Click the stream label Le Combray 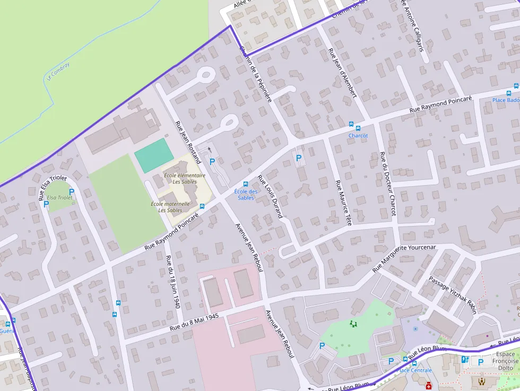click(x=58, y=71)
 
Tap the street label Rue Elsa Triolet click(x=53, y=187)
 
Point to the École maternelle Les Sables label click(x=170, y=207)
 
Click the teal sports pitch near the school click(x=154, y=155)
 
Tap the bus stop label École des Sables click(x=246, y=195)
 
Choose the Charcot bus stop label click(x=358, y=135)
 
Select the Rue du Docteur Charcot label click(x=387, y=184)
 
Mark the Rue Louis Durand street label click(x=270, y=196)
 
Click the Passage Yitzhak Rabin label click(x=453, y=295)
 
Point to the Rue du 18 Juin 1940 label click(x=173, y=282)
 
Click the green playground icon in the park click(x=353, y=323)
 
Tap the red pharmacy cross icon click(x=428, y=386)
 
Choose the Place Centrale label click(x=414, y=370)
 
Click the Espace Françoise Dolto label click(x=505, y=361)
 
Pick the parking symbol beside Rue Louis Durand click(x=299, y=158)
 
